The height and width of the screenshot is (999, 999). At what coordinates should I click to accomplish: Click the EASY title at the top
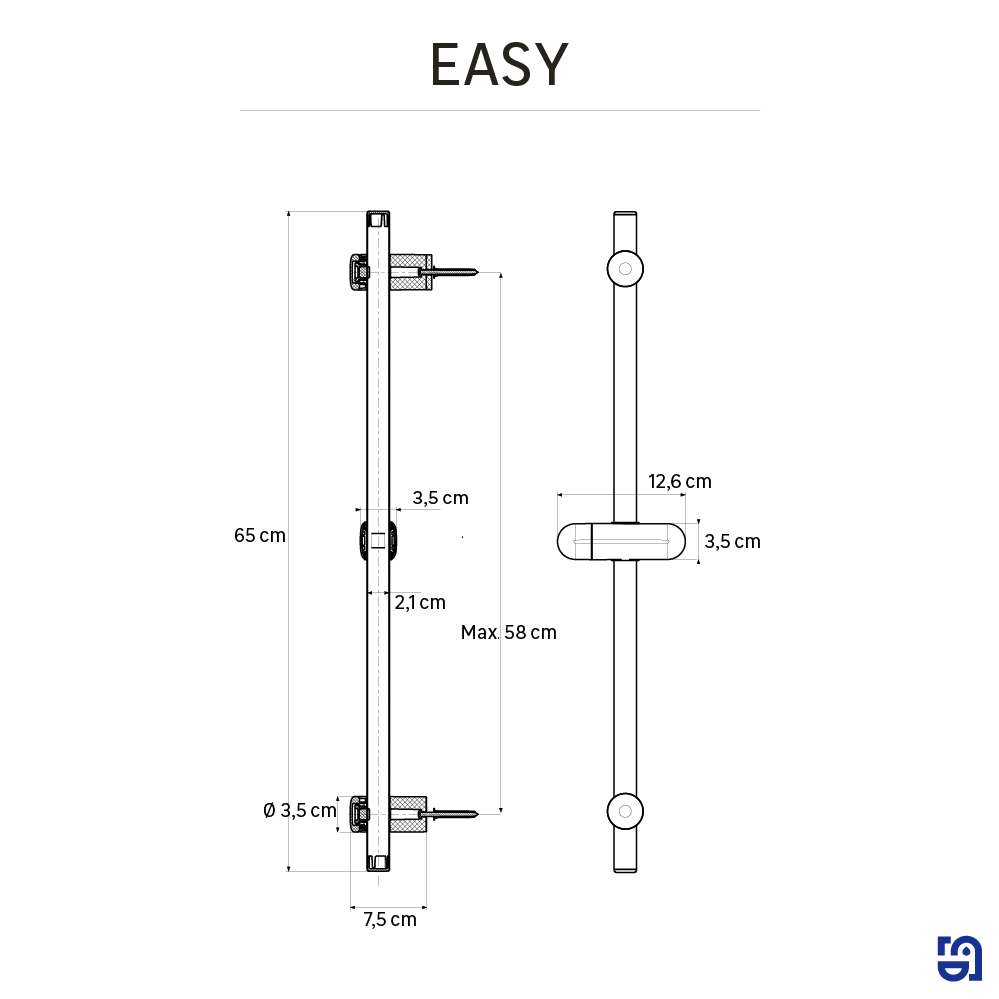(x=499, y=64)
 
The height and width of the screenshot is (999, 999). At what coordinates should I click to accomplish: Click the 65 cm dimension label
(x=260, y=535)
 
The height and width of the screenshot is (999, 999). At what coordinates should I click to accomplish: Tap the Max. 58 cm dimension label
(x=508, y=632)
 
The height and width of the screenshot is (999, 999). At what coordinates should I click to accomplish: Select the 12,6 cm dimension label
(x=679, y=482)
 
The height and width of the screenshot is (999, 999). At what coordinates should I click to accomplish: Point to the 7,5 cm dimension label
(x=390, y=919)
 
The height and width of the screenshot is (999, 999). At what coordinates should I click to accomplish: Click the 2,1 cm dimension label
(x=420, y=602)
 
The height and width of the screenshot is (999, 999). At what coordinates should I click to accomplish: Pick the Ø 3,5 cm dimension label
(x=300, y=810)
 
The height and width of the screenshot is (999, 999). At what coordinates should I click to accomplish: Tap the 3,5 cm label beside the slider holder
(x=732, y=542)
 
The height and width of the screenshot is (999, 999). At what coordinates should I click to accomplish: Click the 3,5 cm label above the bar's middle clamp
(x=440, y=498)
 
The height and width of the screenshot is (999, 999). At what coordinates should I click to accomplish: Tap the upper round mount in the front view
(x=625, y=268)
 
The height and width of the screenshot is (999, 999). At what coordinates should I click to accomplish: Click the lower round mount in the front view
(x=625, y=811)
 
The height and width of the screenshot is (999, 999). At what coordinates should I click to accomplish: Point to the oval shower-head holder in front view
(x=621, y=542)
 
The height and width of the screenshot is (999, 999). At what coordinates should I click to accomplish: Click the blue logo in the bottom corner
(x=959, y=959)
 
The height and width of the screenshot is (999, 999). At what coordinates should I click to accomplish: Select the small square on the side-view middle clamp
(x=378, y=540)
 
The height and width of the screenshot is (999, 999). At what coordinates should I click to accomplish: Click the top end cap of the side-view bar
(x=378, y=219)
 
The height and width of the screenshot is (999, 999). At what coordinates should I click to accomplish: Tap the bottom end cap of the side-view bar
(x=378, y=863)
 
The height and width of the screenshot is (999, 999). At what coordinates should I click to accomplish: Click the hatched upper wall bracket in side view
(x=411, y=272)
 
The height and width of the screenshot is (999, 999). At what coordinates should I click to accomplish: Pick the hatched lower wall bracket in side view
(x=408, y=813)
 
